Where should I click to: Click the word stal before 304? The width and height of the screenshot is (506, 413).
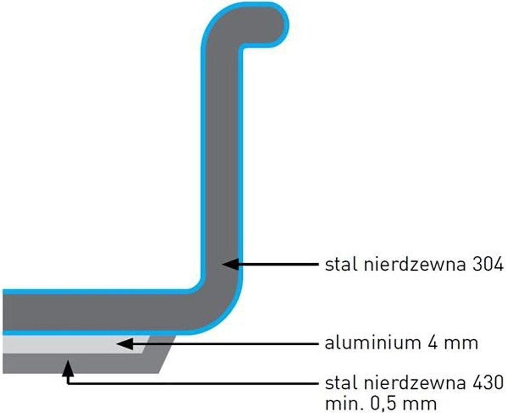click(x=340, y=265)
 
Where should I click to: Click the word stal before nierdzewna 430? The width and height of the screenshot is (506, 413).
click(x=340, y=382)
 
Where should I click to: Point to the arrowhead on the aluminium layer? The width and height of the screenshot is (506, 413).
click(x=124, y=343)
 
